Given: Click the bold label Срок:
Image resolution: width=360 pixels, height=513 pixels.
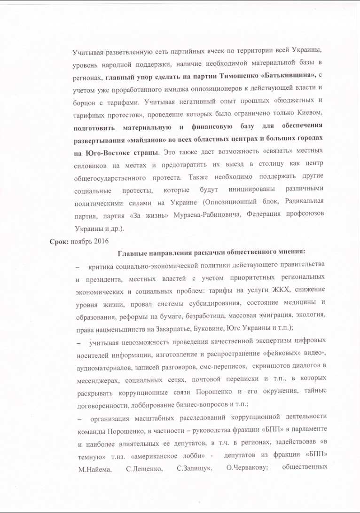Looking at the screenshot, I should click(x=59, y=241).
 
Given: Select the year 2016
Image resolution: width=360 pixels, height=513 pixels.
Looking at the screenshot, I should click(x=100, y=241).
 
